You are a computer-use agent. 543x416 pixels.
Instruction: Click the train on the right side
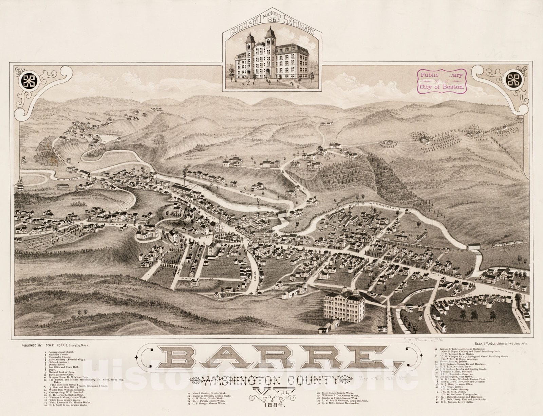click(x=507, y=243)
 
